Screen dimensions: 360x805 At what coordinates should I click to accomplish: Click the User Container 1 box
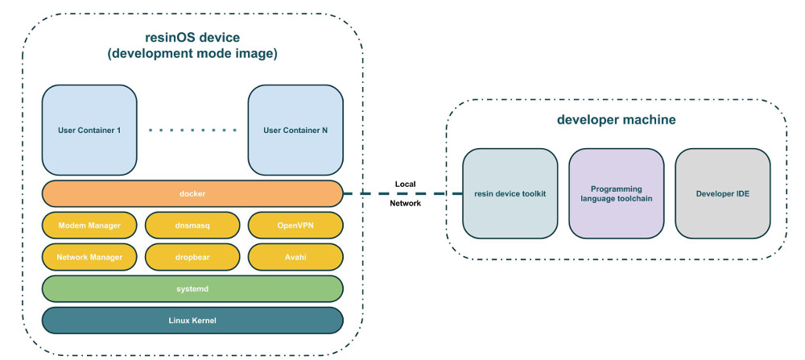pyautogui.click(x=89, y=130)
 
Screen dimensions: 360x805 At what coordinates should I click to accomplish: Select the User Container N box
pyautogui.click(x=295, y=130)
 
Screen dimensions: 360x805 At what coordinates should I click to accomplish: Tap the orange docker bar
pyautogui.click(x=192, y=194)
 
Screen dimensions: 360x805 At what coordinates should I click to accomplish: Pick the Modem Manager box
pyautogui.click(x=89, y=226)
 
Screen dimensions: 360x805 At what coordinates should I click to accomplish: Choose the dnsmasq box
pyautogui.click(x=192, y=226)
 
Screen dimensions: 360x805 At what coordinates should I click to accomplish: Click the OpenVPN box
pyautogui.click(x=295, y=226)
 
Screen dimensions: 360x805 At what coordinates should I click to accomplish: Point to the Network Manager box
pyautogui.click(x=89, y=257)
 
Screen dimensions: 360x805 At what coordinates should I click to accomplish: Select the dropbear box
pyautogui.click(x=192, y=257)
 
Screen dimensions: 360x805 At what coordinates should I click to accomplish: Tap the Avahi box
pyautogui.click(x=295, y=257)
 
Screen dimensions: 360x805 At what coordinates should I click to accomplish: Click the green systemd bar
pyautogui.click(x=192, y=288)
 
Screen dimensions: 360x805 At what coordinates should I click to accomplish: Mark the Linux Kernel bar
pyautogui.click(x=192, y=320)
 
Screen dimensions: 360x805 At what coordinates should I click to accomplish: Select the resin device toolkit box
pyautogui.click(x=510, y=194)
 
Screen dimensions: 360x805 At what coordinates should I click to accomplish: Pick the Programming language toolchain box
pyautogui.click(x=617, y=194)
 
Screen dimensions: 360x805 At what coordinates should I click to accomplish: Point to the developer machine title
pyautogui.click(x=616, y=120)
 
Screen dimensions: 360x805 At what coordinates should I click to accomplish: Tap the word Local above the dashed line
pyautogui.click(x=405, y=183)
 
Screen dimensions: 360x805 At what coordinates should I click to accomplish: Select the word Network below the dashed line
pyautogui.click(x=405, y=205)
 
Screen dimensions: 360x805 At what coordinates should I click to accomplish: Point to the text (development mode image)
pyautogui.click(x=192, y=54)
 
